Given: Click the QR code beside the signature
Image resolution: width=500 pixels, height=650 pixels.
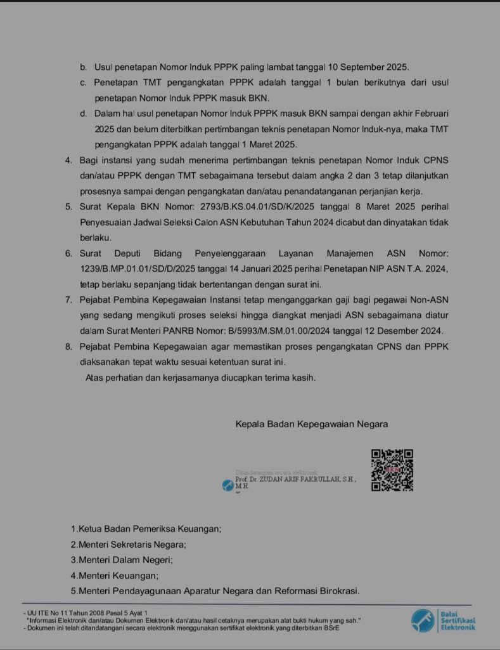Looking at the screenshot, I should point(392,470).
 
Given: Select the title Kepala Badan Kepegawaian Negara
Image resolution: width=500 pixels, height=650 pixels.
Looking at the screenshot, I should point(312,424).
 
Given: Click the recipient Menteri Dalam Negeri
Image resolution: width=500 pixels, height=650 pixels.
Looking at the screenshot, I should point(125,560).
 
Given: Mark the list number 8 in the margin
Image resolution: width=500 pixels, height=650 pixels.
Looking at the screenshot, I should point(68,347).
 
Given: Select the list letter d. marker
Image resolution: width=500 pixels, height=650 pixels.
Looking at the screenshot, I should point(82,113).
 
